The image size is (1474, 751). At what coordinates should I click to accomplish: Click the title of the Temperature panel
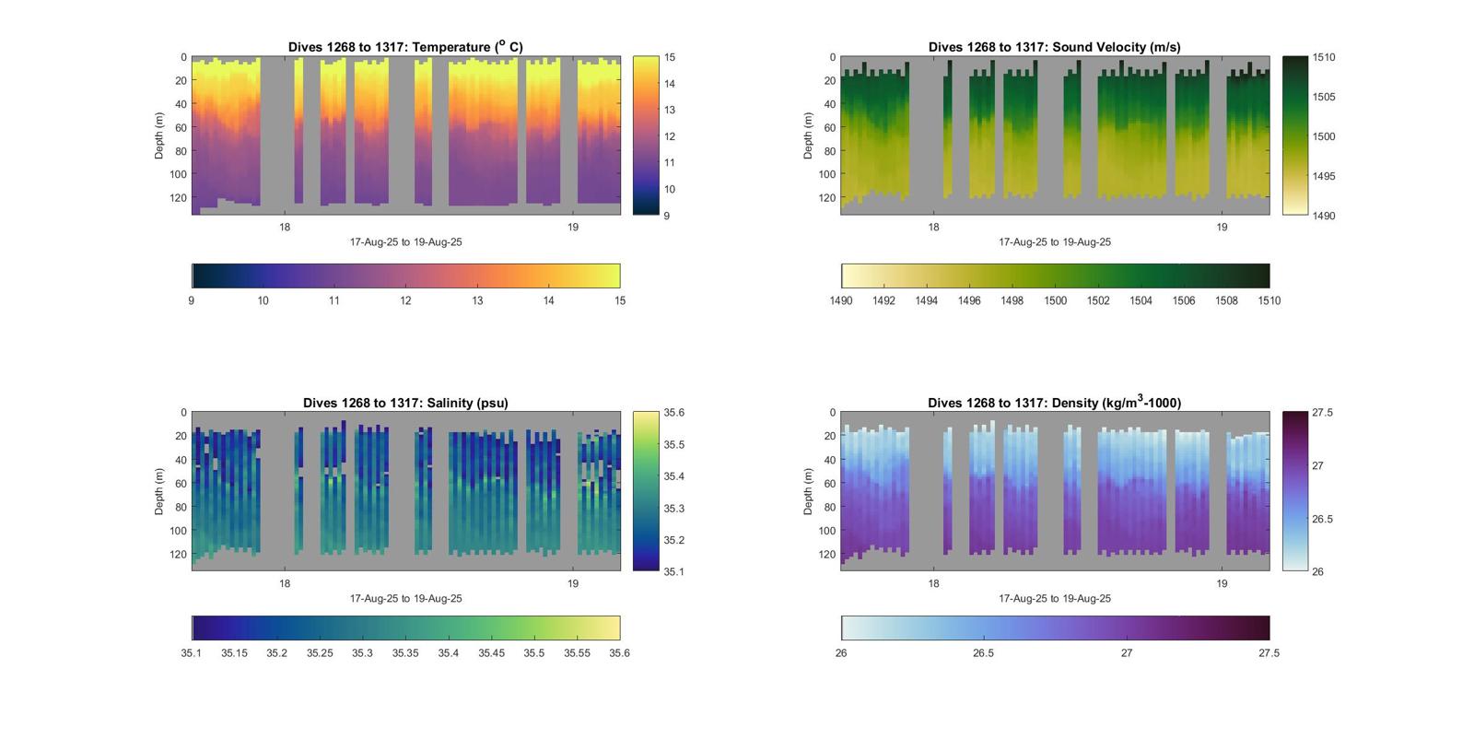point(405,47)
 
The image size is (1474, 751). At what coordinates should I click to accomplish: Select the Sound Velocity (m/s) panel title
point(1054,47)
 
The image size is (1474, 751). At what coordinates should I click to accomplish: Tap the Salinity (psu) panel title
point(405,403)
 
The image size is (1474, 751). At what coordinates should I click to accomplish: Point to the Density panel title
point(1054,403)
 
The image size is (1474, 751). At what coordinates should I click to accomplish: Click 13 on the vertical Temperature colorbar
point(670,110)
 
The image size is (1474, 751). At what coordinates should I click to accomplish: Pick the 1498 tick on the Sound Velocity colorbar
point(1012,300)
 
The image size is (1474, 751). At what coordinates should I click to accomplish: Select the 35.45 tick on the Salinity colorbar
point(491,652)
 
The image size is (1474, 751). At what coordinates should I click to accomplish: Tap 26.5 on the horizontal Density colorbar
point(983,652)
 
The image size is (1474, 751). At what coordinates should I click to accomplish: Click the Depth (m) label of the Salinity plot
point(159,491)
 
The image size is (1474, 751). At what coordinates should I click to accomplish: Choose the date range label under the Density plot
point(1055,598)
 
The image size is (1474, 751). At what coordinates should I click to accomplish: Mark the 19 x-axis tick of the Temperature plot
point(573,227)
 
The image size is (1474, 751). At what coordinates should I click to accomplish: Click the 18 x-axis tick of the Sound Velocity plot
point(933,227)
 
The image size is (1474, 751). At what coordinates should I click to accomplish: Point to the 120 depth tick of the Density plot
point(827,555)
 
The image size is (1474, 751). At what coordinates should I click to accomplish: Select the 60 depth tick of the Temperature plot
point(181,128)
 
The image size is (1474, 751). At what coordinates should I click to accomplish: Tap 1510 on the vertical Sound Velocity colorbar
point(1324,57)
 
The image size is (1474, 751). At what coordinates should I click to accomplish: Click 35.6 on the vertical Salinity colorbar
point(674,413)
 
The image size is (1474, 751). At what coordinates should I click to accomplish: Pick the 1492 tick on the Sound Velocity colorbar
point(883,300)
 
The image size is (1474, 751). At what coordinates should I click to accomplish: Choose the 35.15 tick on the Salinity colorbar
point(234,652)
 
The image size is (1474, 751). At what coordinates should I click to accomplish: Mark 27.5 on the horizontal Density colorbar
point(1269,652)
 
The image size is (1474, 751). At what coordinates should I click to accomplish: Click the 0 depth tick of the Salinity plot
point(184,413)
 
